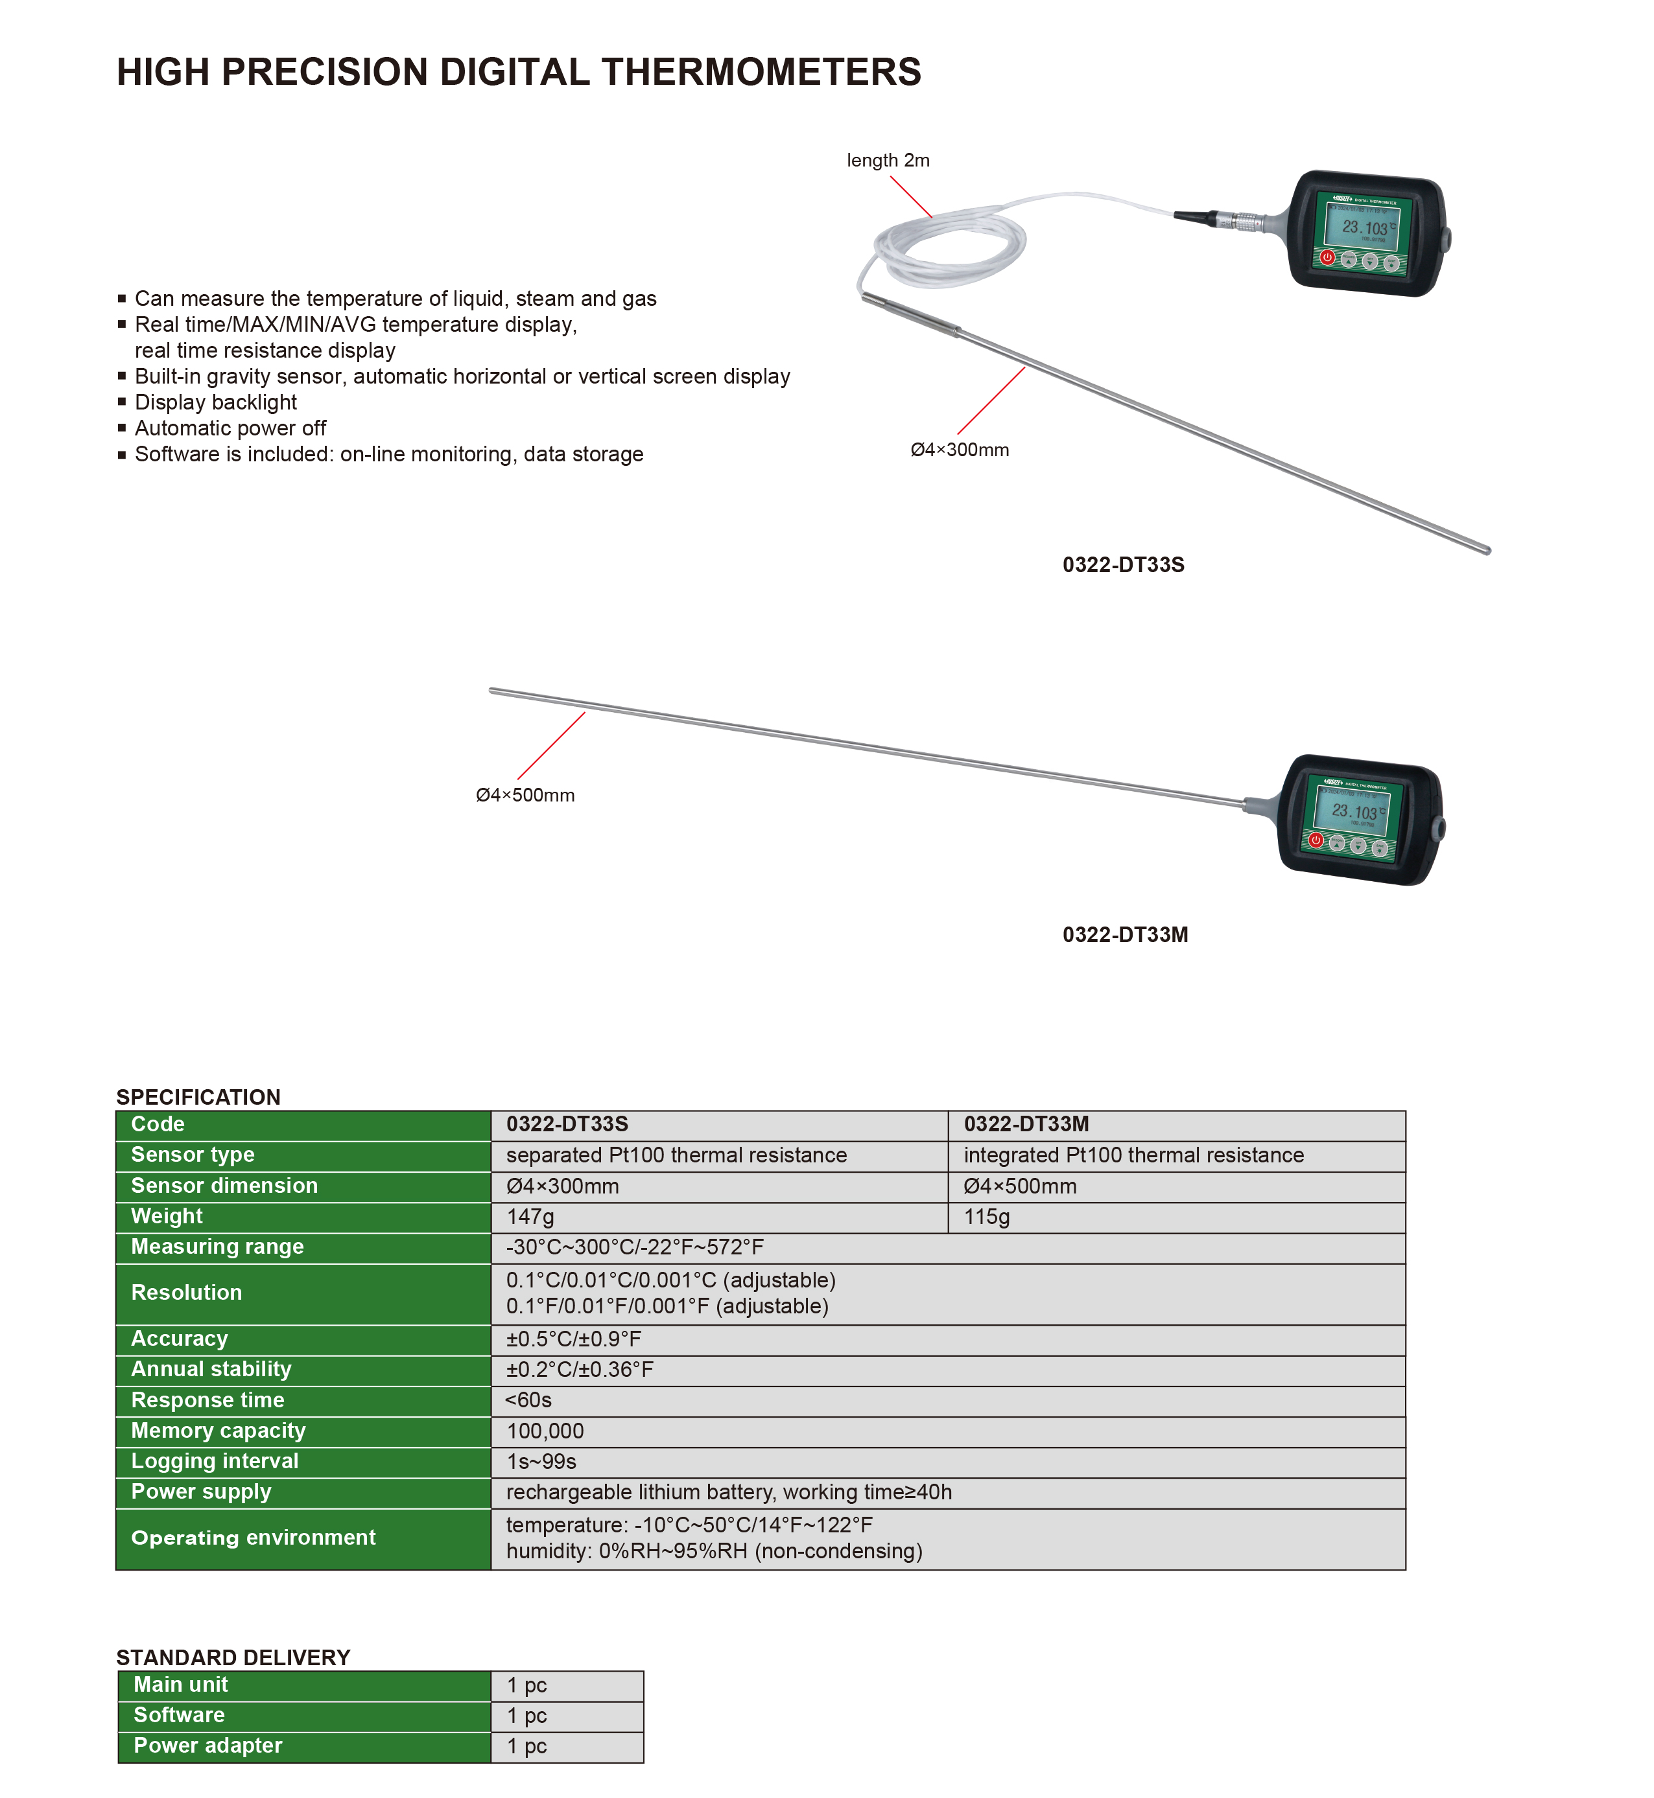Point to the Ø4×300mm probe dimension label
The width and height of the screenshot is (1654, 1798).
click(x=960, y=450)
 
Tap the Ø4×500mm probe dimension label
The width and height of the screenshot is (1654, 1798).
click(x=525, y=795)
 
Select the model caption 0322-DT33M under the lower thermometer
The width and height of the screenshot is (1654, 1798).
click(x=1125, y=935)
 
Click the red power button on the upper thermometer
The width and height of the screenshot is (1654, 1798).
click(x=1327, y=258)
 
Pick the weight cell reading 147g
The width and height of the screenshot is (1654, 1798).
click(x=531, y=1217)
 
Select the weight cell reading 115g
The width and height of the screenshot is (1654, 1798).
click(x=986, y=1217)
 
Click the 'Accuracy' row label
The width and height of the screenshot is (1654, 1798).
click(x=180, y=1339)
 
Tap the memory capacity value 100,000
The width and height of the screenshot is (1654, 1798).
click(x=545, y=1431)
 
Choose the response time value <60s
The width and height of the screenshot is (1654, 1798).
click(x=528, y=1400)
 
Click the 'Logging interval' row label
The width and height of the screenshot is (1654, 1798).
click(x=215, y=1462)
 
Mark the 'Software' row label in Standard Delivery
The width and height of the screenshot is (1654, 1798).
click(x=179, y=1716)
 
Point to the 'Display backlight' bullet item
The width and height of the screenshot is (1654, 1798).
click(x=216, y=402)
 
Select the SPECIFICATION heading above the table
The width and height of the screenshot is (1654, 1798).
click(x=198, y=1098)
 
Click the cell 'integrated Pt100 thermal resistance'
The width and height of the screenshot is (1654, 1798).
click(x=1133, y=1156)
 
